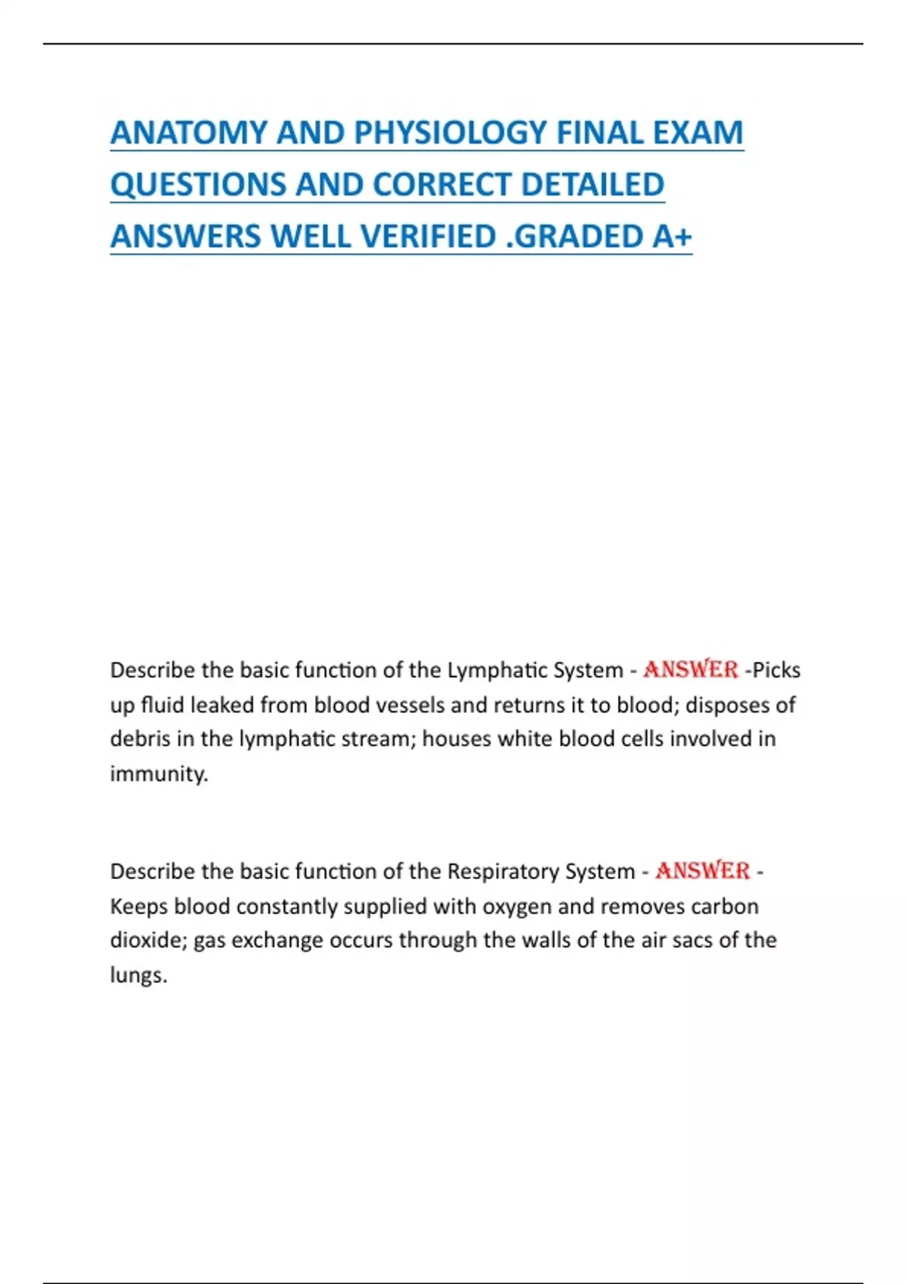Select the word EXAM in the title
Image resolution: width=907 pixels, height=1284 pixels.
point(698,133)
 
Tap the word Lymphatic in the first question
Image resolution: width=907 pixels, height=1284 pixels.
point(497,670)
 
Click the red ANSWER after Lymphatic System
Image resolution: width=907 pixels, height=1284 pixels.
point(690,670)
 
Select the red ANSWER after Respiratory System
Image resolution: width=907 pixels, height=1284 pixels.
point(702,871)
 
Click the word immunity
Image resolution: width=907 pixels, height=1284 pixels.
point(159,774)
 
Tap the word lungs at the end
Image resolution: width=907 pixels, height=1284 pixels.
point(138,975)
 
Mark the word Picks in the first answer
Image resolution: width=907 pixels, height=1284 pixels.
point(776,670)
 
